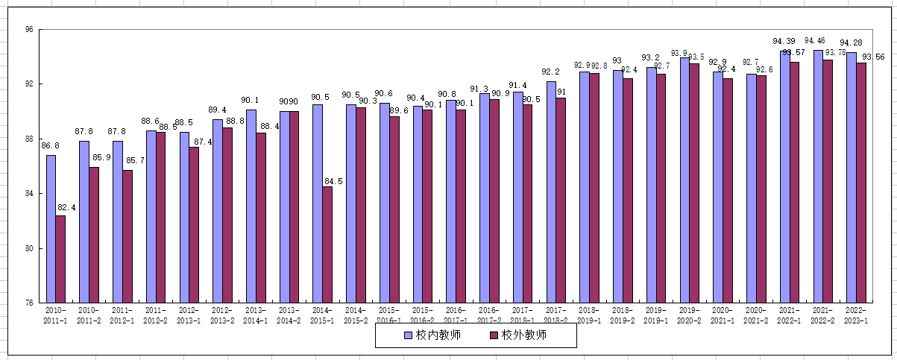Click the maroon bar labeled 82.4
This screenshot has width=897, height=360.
click(60, 259)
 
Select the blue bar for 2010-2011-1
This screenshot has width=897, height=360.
click(51, 229)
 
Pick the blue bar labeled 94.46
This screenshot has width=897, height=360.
click(818, 176)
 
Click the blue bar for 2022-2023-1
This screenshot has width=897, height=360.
click(852, 177)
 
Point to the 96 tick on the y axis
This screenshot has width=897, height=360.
click(29, 30)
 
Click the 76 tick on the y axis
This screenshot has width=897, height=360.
click(29, 303)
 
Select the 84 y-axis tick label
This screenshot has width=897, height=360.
click(29, 194)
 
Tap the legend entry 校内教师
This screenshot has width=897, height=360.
click(433, 335)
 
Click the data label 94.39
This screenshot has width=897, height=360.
click(784, 41)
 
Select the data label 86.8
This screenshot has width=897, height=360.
click(50, 147)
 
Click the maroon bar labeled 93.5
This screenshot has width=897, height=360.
click(694, 183)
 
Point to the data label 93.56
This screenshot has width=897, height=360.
click(873, 57)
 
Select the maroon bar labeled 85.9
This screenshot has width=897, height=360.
click(94, 235)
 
